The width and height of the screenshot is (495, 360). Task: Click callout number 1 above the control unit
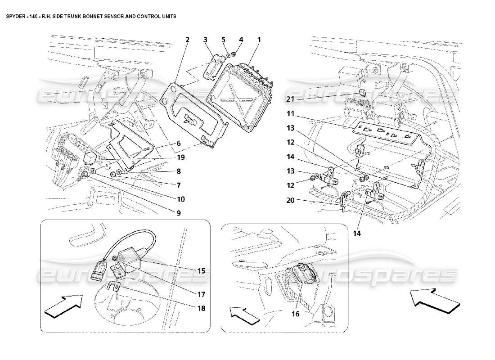click(259, 40)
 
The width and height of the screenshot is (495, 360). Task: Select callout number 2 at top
click(187, 40)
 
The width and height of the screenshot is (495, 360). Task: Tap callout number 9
click(179, 213)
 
